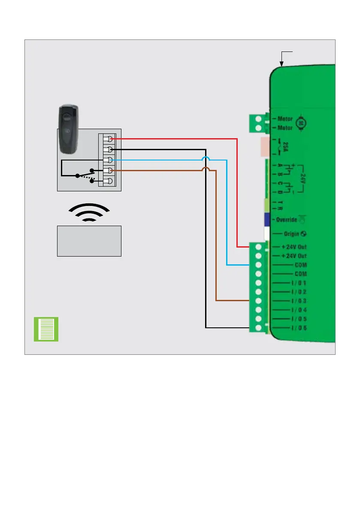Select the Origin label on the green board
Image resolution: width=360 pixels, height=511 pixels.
(292, 234)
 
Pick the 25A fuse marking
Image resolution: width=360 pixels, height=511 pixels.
(296, 146)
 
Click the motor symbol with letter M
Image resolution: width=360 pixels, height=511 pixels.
(301, 123)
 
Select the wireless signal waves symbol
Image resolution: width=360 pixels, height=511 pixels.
(89, 212)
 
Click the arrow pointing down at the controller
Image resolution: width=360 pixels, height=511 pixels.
(281, 60)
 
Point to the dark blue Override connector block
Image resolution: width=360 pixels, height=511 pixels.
(266, 219)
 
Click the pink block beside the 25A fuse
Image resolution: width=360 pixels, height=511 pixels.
(264, 146)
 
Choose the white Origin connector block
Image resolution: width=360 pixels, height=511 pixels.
(266, 234)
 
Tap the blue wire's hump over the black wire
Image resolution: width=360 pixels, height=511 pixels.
(206, 160)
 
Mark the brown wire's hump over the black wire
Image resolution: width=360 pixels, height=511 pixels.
(206, 170)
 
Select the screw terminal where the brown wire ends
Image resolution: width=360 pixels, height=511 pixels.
(258, 301)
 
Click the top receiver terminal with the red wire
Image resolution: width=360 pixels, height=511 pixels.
(109, 139)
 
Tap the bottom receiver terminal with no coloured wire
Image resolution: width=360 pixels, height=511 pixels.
(109, 181)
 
